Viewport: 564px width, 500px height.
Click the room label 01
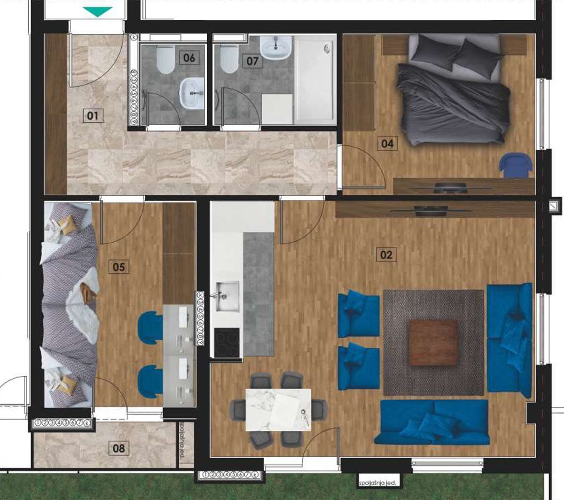tap(93, 115)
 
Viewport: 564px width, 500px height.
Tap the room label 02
tap(385, 255)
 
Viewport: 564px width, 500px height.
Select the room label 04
tap(387, 143)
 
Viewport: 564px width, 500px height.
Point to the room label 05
tap(119, 267)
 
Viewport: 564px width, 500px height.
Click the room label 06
tap(189, 58)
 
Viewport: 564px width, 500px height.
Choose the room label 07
tap(252, 61)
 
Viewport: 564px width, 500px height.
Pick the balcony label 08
tap(119, 448)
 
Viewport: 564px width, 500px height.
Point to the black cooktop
tap(227, 342)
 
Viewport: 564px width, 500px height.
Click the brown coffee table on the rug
tap(433, 342)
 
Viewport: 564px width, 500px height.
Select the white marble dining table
tap(278, 409)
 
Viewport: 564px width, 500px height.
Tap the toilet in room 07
tap(228, 60)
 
